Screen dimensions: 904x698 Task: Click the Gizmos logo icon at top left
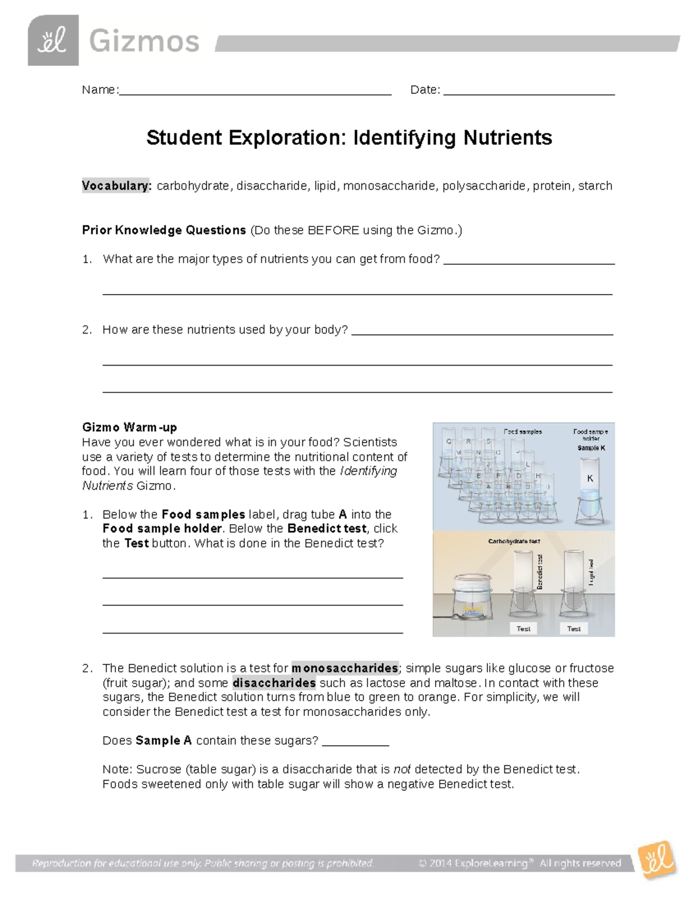pyautogui.click(x=53, y=40)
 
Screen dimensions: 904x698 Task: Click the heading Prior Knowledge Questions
pyautogui.click(x=164, y=230)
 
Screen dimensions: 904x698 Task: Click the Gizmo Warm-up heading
pyautogui.click(x=129, y=427)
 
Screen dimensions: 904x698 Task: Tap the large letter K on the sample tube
pyautogui.click(x=590, y=478)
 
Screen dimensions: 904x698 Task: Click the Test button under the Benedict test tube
pyautogui.click(x=523, y=629)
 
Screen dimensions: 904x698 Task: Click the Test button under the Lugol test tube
pyautogui.click(x=574, y=629)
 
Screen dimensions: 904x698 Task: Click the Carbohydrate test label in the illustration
pyautogui.click(x=514, y=541)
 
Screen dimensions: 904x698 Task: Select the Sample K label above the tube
pyautogui.click(x=591, y=448)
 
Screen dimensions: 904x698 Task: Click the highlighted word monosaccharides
pyautogui.click(x=345, y=668)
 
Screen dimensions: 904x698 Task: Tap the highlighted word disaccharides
pyautogui.click(x=274, y=683)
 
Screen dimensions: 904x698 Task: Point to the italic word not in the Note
pyautogui.click(x=402, y=770)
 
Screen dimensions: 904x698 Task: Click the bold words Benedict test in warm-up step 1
pyautogui.click(x=327, y=529)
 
